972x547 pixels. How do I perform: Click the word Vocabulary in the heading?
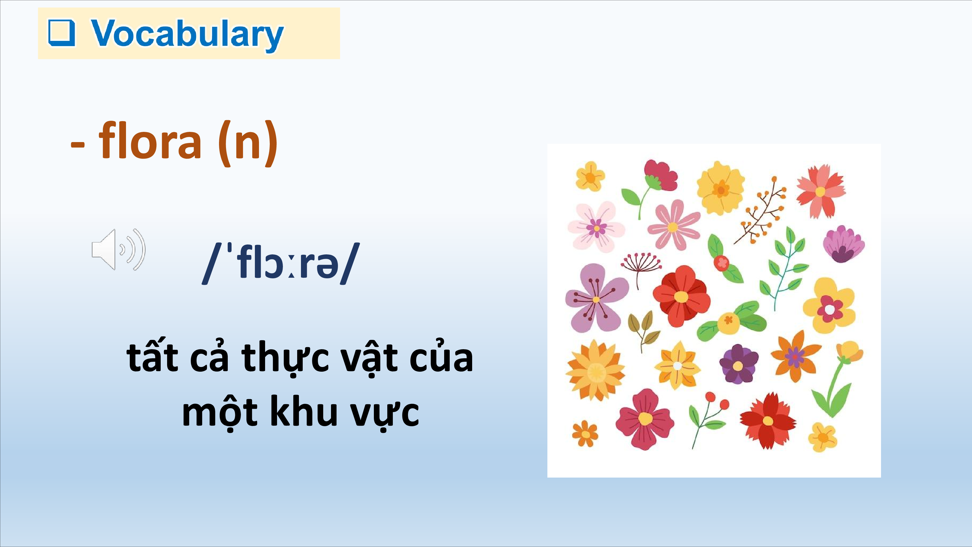tap(187, 35)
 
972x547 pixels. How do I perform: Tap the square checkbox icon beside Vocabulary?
tap(62, 33)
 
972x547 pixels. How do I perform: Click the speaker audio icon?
tap(118, 249)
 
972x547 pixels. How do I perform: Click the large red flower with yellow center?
tap(681, 296)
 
